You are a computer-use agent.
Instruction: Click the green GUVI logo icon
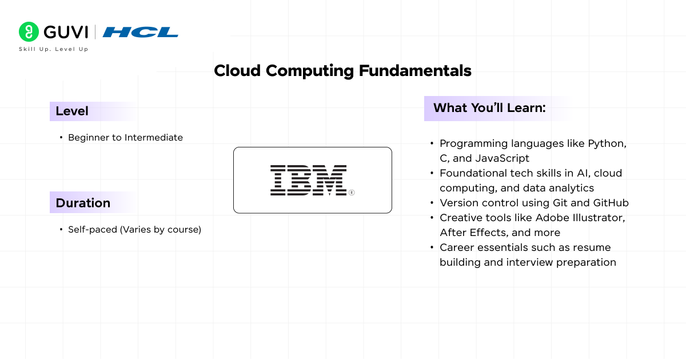[29, 32]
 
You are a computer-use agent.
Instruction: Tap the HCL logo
[141, 32]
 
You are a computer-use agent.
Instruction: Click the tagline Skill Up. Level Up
[54, 49]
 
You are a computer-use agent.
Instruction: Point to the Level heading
[72, 111]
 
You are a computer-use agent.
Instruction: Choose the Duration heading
[83, 203]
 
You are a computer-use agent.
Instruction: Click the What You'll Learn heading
[489, 108]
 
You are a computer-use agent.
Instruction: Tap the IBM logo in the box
[309, 180]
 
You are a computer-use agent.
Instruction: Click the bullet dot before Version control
[432, 203]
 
